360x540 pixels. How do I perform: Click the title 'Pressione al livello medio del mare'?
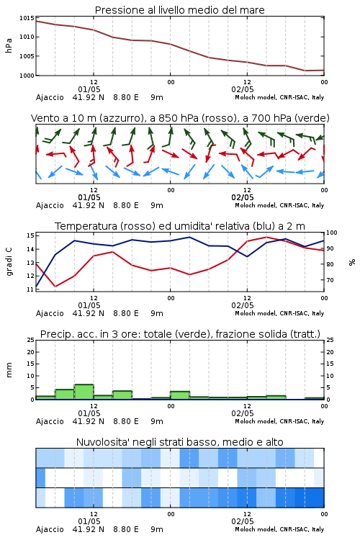(x=179, y=10)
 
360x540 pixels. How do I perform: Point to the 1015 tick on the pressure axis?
(x=27, y=18)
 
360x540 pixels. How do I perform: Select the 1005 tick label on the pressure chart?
(x=27, y=56)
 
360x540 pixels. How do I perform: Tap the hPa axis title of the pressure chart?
(x=9, y=45)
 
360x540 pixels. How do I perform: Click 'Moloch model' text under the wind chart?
(x=256, y=205)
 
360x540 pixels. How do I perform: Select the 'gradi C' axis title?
(x=9, y=261)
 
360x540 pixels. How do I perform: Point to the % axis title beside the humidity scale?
(x=352, y=262)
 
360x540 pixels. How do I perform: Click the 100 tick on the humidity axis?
(x=331, y=233)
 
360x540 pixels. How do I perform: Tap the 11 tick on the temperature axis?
(x=30, y=289)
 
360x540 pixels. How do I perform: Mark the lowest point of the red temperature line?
(x=55, y=287)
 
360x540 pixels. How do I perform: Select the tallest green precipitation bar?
(x=84, y=392)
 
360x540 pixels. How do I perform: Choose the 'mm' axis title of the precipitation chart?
(x=9, y=370)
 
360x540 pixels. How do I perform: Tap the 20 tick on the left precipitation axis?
(x=31, y=352)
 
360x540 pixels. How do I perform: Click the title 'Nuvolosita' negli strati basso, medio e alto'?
(x=179, y=442)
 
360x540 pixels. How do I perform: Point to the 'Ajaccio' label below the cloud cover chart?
(x=50, y=529)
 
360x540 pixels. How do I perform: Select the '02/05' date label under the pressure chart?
(x=243, y=89)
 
